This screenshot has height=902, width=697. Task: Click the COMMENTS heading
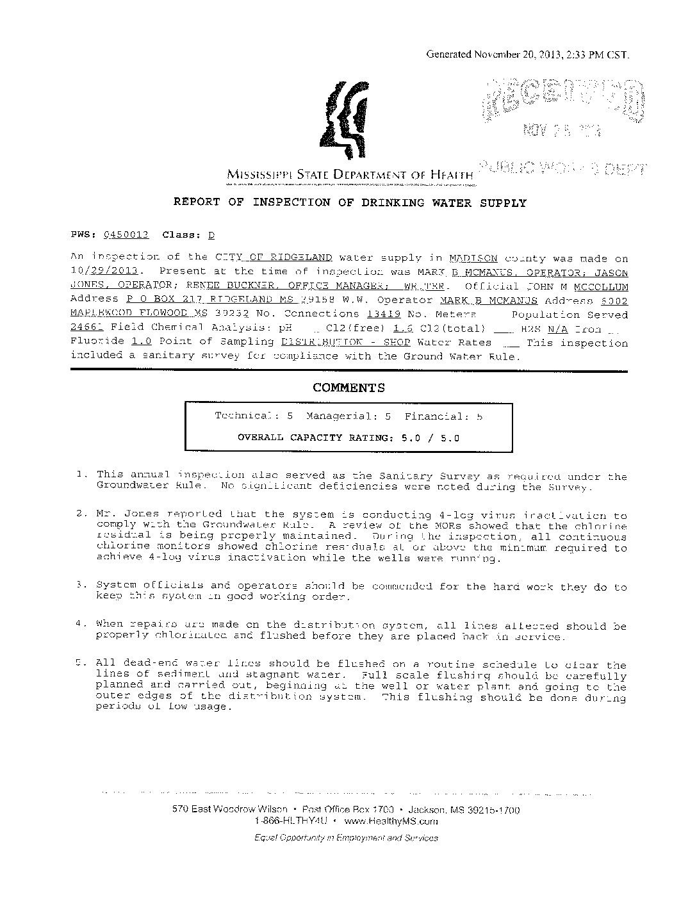click(x=348, y=388)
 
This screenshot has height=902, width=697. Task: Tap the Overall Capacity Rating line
click(x=348, y=438)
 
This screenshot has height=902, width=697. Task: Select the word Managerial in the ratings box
click(x=340, y=416)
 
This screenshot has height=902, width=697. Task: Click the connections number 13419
click(x=383, y=315)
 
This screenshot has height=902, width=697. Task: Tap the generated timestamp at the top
click(x=528, y=54)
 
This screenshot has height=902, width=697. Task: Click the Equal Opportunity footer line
click(x=346, y=838)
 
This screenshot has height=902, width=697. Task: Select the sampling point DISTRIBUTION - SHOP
click(x=346, y=343)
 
